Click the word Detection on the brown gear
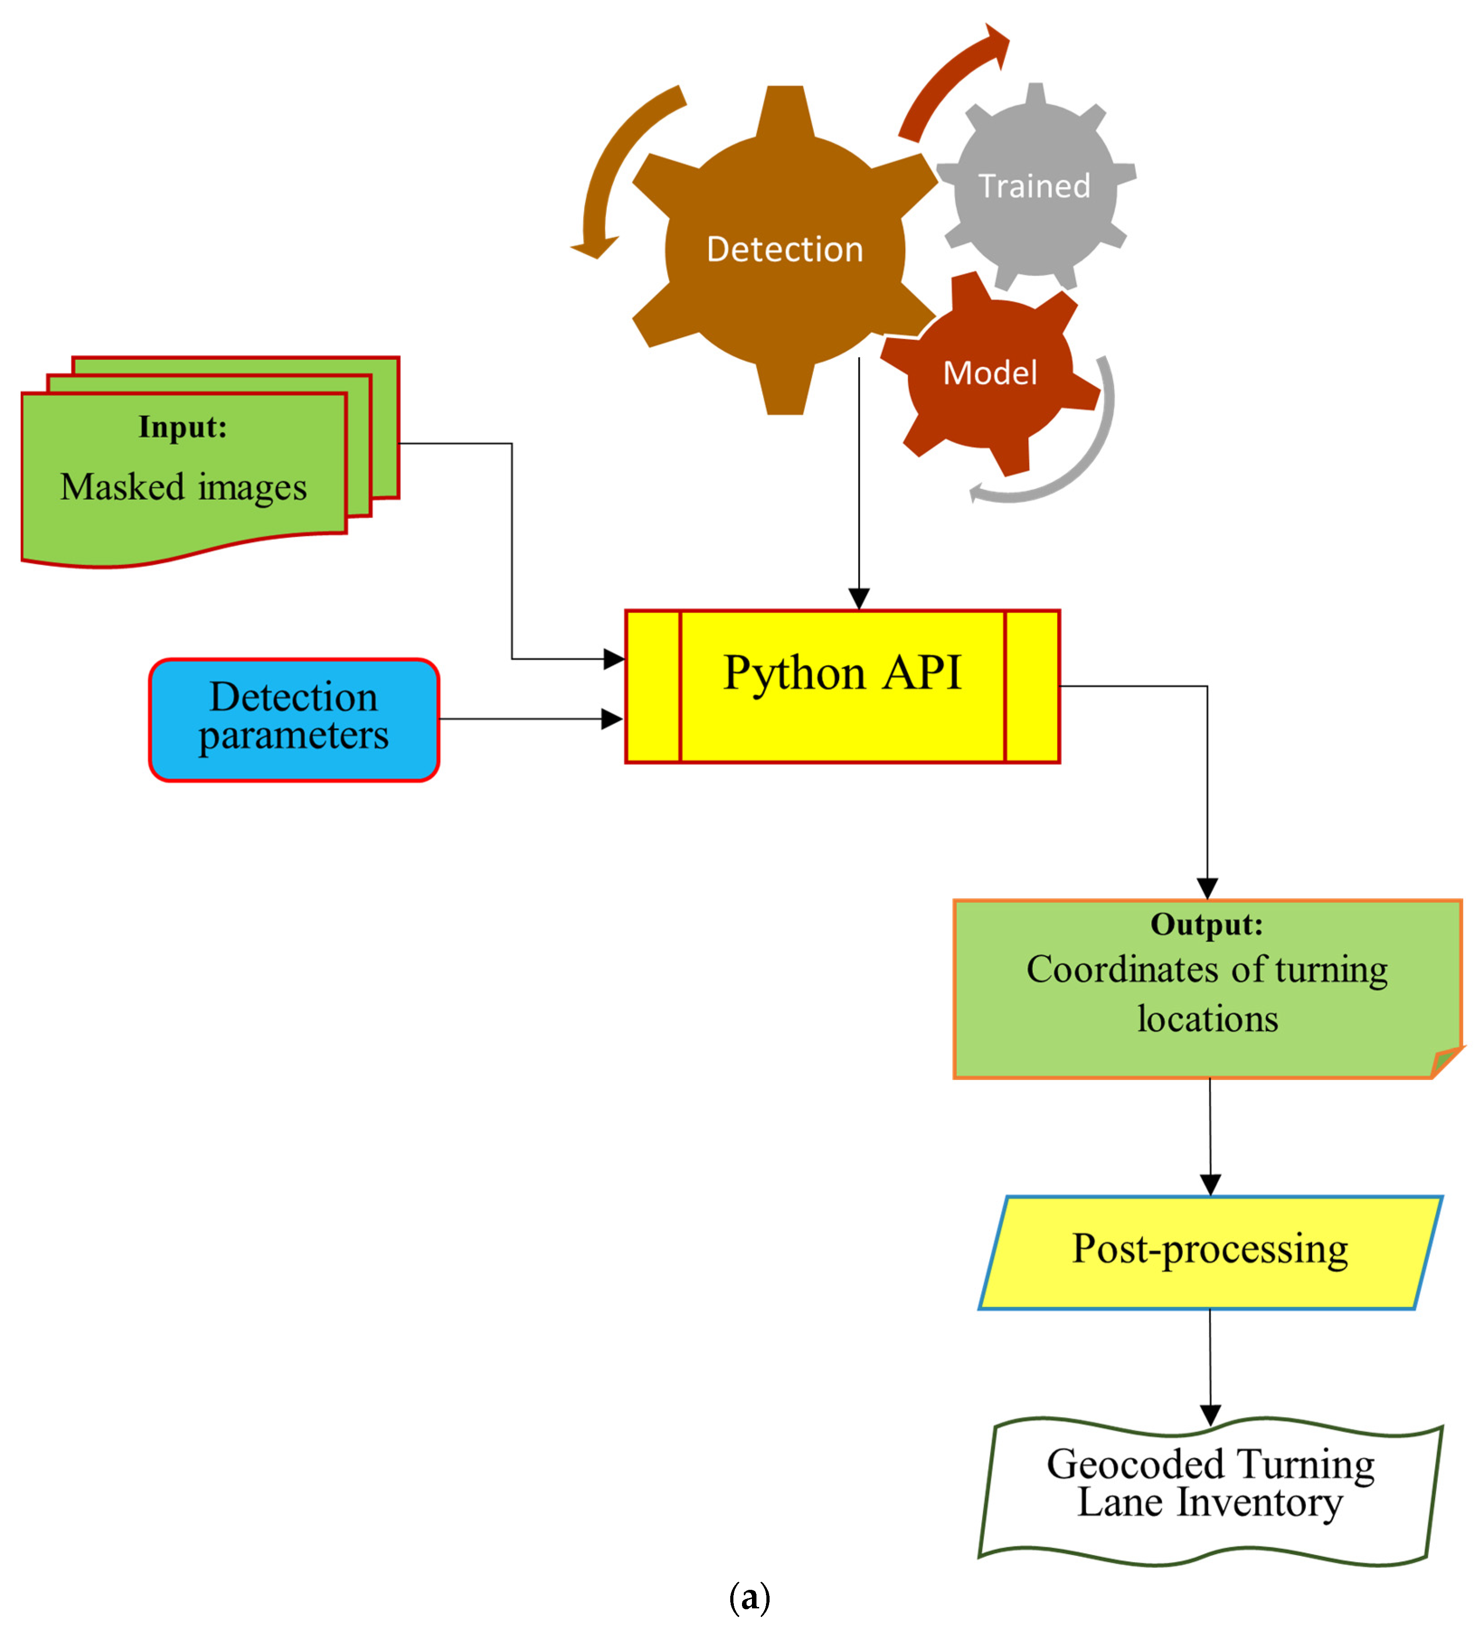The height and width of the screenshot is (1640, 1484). coord(785,249)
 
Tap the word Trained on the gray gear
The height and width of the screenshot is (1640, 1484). coord(1034,186)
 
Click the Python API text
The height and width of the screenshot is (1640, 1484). coord(842,674)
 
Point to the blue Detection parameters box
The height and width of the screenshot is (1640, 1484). coord(294,719)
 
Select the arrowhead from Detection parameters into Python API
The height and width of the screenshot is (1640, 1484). coord(612,719)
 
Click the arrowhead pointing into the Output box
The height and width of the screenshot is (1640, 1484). coord(1207,888)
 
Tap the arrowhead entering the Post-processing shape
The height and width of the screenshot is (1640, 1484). coord(1210,1184)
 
